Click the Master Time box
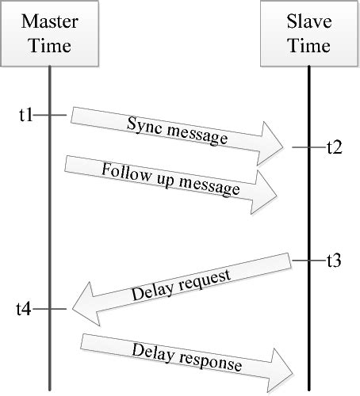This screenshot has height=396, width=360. pyautogui.click(x=49, y=32)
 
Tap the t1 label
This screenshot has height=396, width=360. pyautogui.click(x=25, y=116)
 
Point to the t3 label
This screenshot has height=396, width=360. pyautogui.click(x=334, y=261)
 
